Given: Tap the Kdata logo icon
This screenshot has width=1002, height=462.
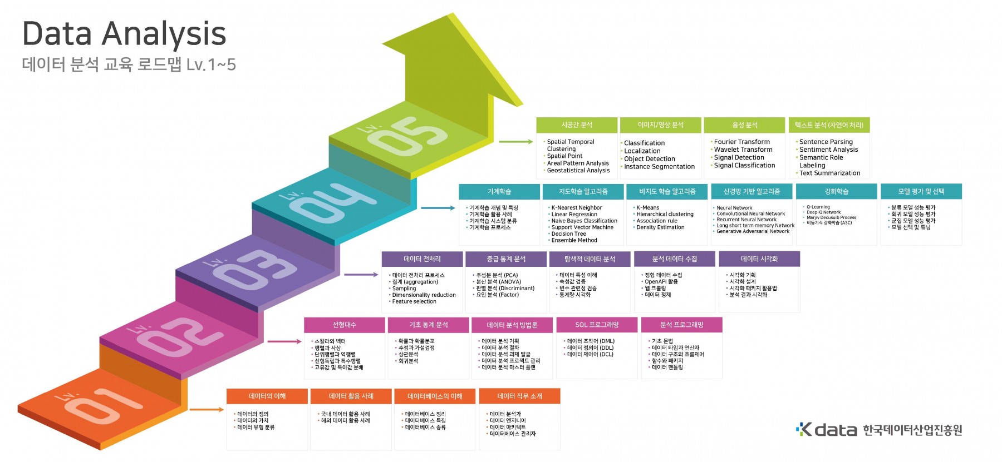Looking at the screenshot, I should pos(804,429).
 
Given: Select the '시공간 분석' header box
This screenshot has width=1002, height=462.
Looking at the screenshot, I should pos(577,125).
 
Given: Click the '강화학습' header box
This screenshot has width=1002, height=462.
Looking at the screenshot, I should pos(836,191).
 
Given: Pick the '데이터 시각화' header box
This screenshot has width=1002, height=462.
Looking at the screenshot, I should pos(759,259).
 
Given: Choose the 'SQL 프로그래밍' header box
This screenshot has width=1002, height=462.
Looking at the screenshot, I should pos(597,325).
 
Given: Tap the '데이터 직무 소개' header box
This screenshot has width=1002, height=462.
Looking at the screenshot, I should pos(519,396).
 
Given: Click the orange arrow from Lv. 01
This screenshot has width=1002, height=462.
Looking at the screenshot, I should pos(207,410).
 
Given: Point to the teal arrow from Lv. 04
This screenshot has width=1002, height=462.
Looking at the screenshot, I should pos(438,208).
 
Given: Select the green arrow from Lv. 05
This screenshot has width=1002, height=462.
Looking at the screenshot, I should pos(515,142).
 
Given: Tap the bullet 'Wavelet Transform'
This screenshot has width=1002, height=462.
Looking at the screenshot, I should pos(743,150).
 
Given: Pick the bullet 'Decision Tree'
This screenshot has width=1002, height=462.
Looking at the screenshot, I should pos(568,234).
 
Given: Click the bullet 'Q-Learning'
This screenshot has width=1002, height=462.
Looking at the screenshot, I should pos(818,207).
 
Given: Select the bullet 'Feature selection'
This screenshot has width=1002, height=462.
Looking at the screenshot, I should pos(414,301).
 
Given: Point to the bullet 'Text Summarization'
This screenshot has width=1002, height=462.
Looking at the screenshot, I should pos(829,173).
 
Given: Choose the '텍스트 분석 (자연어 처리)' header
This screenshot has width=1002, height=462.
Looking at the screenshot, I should pos(829,125).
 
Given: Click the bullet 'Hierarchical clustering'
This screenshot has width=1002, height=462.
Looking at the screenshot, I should pos(665,214).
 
